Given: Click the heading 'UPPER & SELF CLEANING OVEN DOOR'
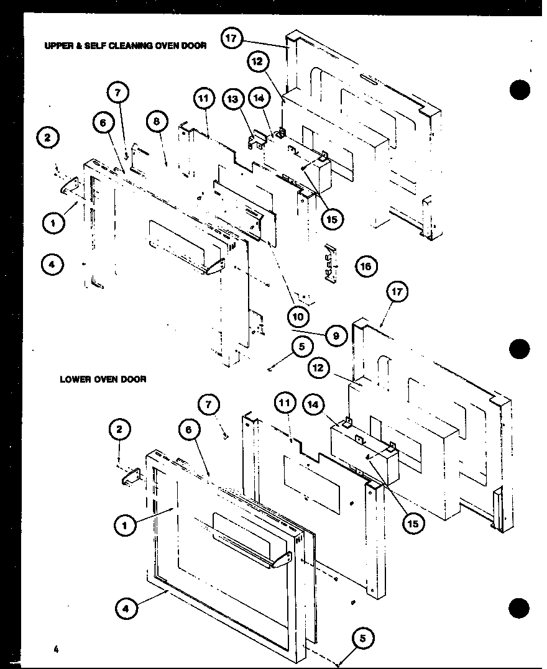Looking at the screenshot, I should click(x=124, y=45).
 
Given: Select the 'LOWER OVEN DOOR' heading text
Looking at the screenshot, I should click(x=103, y=379).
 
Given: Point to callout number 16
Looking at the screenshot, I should click(x=366, y=266).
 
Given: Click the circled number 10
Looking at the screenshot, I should click(x=298, y=317).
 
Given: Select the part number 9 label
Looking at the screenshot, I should click(x=335, y=336).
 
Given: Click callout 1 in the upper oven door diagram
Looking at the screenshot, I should click(x=55, y=222).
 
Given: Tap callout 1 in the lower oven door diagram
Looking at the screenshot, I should click(x=126, y=525).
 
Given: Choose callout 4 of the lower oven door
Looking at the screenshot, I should click(x=127, y=609).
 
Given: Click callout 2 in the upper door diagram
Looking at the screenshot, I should click(x=48, y=138).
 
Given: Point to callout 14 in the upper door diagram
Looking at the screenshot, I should click(x=258, y=99).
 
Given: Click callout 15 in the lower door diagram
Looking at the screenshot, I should click(x=411, y=523).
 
